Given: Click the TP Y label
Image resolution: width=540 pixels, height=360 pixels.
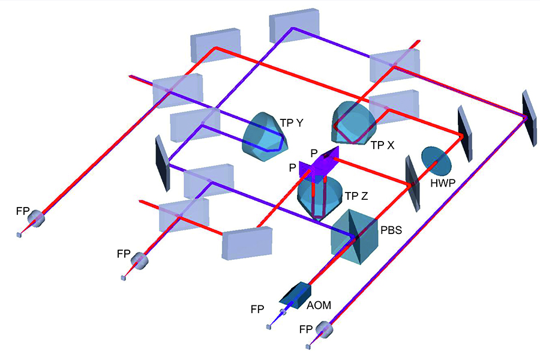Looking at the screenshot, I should (x=292, y=123).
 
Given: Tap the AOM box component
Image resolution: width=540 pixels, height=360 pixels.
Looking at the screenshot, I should (x=296, y=292).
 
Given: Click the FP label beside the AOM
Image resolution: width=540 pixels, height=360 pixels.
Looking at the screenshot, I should (x=257, y=310).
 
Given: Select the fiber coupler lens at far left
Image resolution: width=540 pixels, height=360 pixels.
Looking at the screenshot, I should (x=38, y=219).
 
